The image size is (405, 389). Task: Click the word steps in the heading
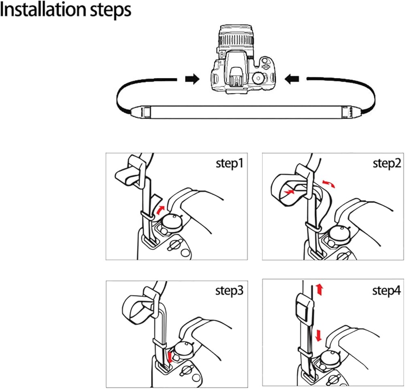[x=110, y=11]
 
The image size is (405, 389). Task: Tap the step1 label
[x=230, y=163]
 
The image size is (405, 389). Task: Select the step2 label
[x=387, y=163]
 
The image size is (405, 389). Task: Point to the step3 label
[x=229, y=291]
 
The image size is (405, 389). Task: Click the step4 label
[x=386, y=291]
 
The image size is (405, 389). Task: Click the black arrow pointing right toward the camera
[x=192, y=79]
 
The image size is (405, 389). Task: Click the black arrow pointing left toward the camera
[x=292, y=79]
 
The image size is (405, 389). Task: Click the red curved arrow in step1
[x=160, y=210]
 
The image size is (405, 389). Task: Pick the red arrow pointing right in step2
[x=289, y=192]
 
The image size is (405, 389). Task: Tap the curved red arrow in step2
[x=328, y=184]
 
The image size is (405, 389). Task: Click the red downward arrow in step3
[x=170, y=357]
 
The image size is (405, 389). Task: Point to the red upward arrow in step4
[x=320, y=290]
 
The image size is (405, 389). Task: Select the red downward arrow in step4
[x=319, y=335]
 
